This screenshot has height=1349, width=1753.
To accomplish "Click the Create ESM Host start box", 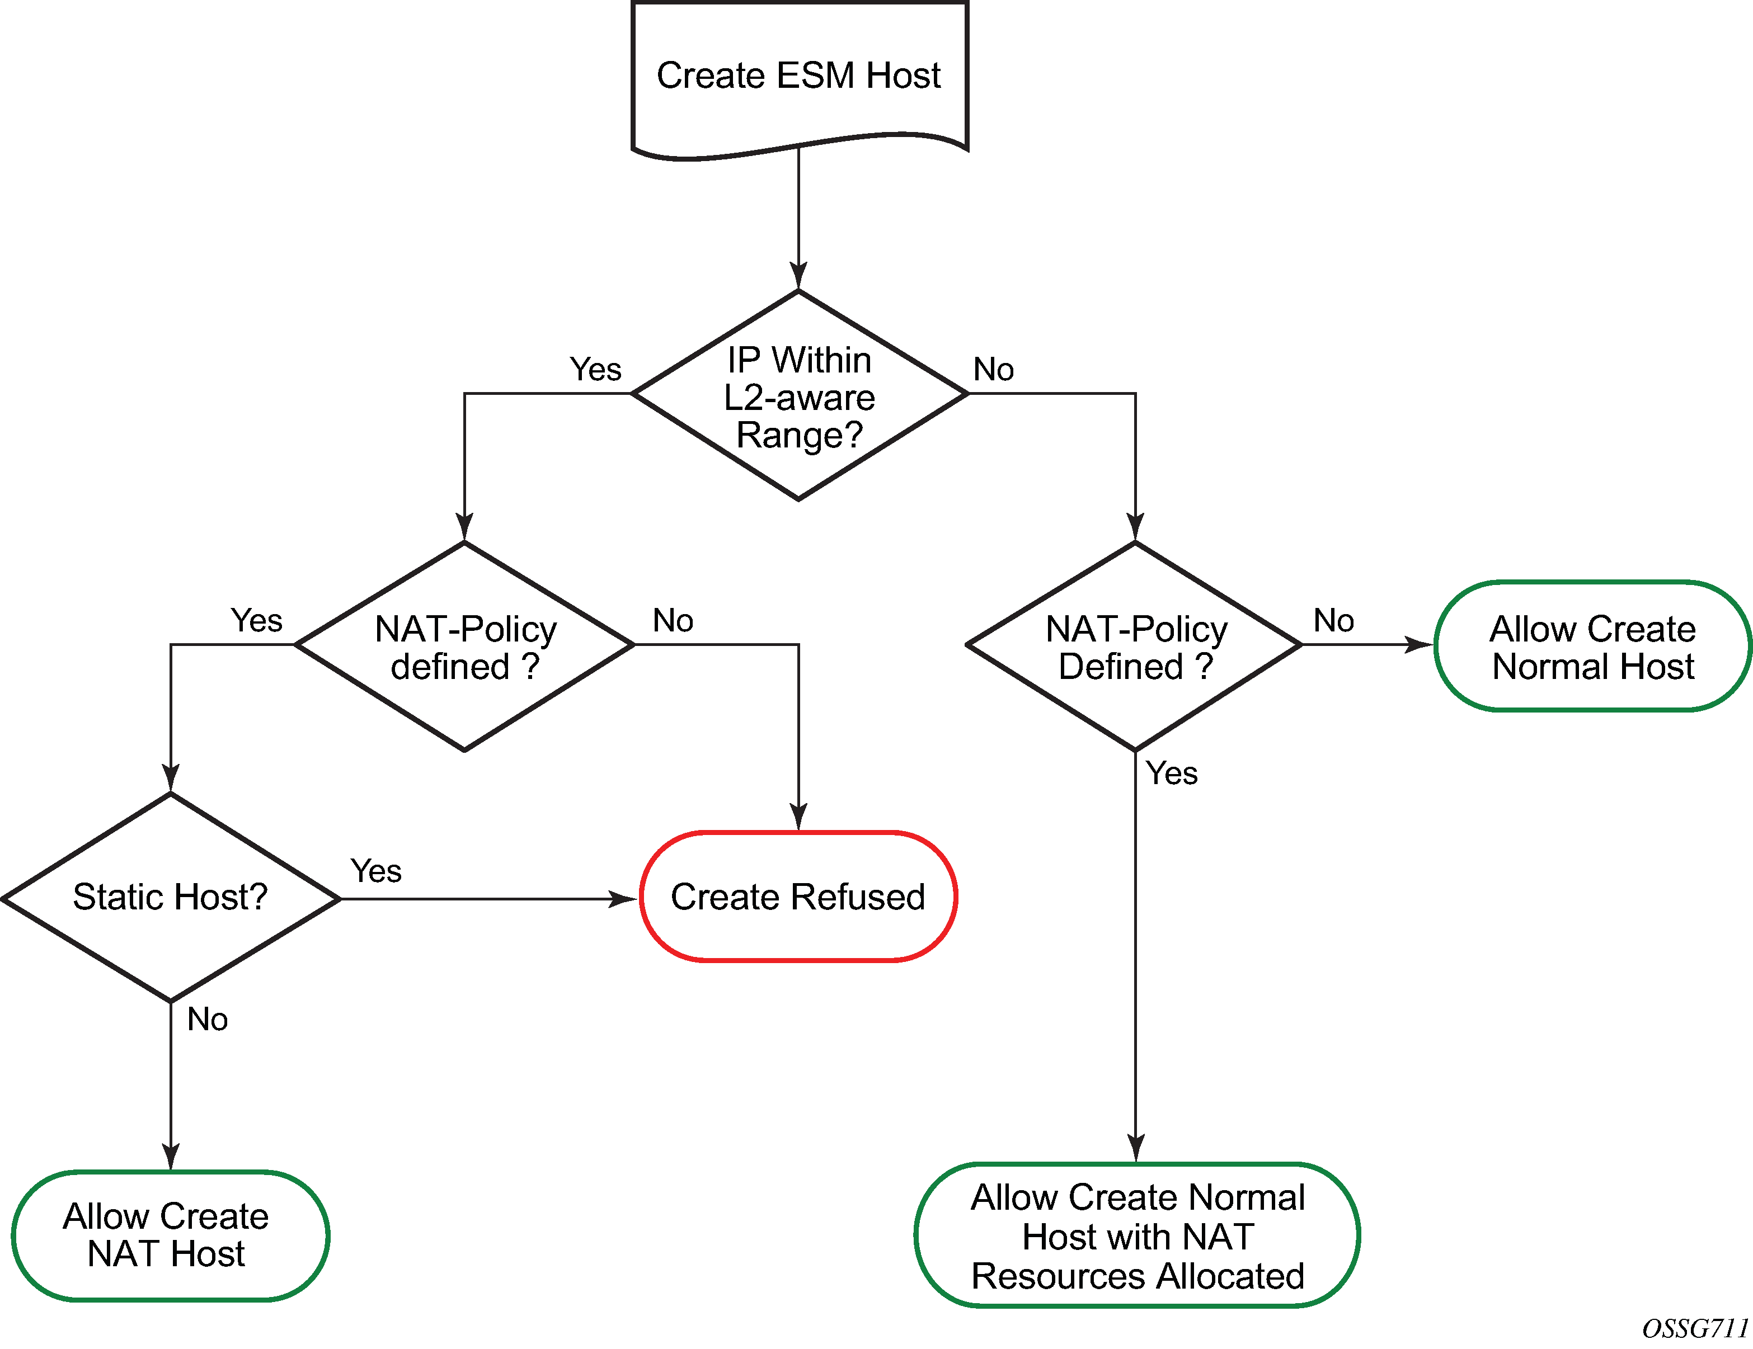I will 800,76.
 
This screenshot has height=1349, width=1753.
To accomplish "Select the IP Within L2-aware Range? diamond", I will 800,395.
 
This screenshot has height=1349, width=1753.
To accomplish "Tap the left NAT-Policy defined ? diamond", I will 465,647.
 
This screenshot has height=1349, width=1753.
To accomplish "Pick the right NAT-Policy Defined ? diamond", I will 1135,647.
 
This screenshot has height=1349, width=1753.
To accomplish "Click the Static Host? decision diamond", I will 170,897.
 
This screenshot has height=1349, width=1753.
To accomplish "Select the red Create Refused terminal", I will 798,897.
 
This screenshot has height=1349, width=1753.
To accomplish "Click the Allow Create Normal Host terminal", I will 1592,647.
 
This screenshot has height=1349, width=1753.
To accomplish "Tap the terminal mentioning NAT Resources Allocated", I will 1138,1236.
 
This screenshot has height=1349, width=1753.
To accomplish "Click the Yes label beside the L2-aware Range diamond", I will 595,370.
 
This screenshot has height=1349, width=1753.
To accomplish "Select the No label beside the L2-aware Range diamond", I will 994,370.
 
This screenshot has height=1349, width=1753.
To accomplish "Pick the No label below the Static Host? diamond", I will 207,1019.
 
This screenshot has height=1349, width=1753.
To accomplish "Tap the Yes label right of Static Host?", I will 375,871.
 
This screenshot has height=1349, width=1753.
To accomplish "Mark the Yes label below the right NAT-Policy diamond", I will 1171,773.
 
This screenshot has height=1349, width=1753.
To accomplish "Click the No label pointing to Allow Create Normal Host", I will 1333,620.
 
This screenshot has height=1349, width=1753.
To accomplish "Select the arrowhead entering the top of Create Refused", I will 798,817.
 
